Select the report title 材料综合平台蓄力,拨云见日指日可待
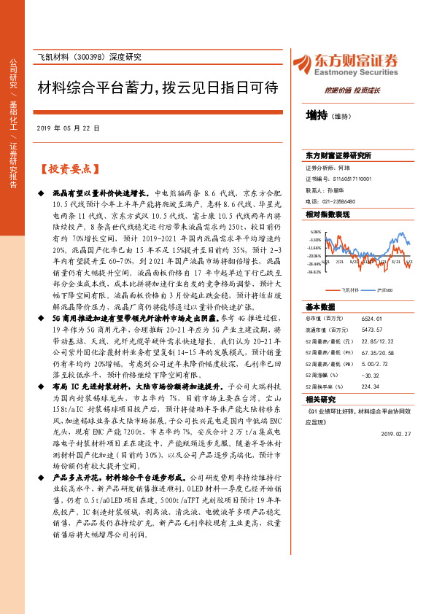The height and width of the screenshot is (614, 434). tap(158, 88)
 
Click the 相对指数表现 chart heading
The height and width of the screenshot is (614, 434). tap(328, 214)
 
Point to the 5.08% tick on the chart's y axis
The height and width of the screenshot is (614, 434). tap(315, 233)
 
